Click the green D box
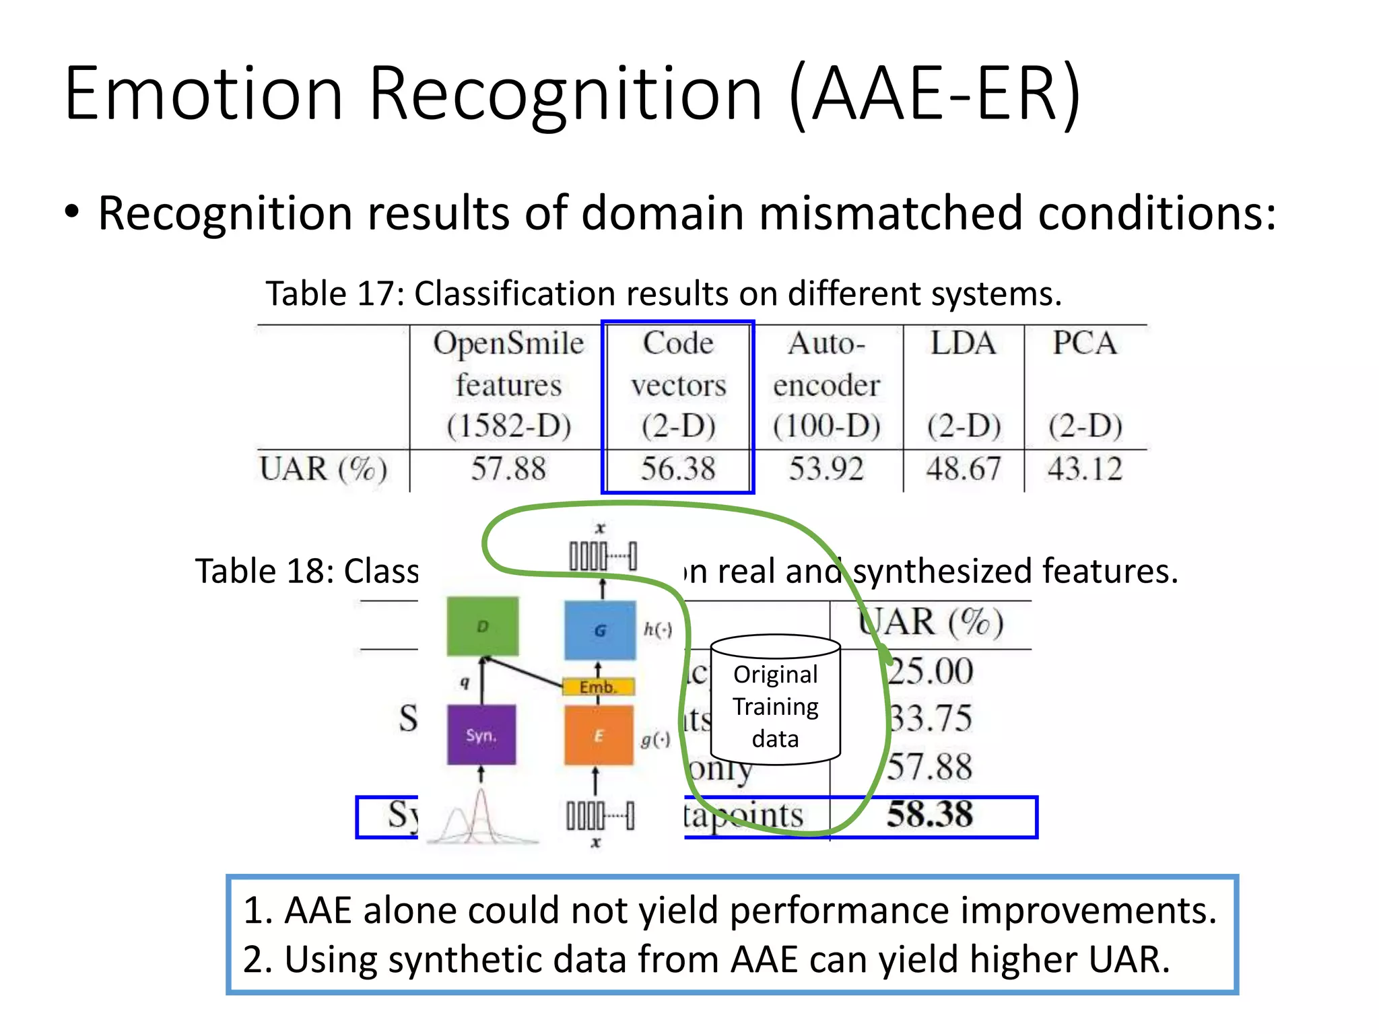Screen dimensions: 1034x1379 click(x=483, y=626)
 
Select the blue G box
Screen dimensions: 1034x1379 click(x=599, y=630)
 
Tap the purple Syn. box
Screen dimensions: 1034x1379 click(x=481, y=734)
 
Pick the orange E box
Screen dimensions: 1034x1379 click(x=598, y=735)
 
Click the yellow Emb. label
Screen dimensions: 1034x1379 click(x=598, y=687)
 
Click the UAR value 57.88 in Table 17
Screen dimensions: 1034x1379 click(x=508, y=469)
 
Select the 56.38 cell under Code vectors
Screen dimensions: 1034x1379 click(x=677, y=469)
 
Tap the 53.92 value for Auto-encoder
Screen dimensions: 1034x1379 click(x=826, y=469)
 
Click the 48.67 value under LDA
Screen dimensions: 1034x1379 click(x=964, y=469)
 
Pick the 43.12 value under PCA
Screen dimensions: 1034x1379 click(x=1085, y=469)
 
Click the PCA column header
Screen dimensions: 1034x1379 click(x=1085, y=343)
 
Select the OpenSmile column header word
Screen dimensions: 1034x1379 click(x=508, y=343)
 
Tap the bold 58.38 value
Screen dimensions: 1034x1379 click(x=930, y=815)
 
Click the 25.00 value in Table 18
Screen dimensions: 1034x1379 click(x=930, y=671)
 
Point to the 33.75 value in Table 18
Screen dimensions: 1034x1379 click(x=930, y=718)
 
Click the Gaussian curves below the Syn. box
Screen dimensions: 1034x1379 click(x=481, y=818)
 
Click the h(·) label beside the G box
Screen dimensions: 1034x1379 click(x=658, y=629)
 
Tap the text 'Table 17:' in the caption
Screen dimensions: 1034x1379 click(x=335, y=294)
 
